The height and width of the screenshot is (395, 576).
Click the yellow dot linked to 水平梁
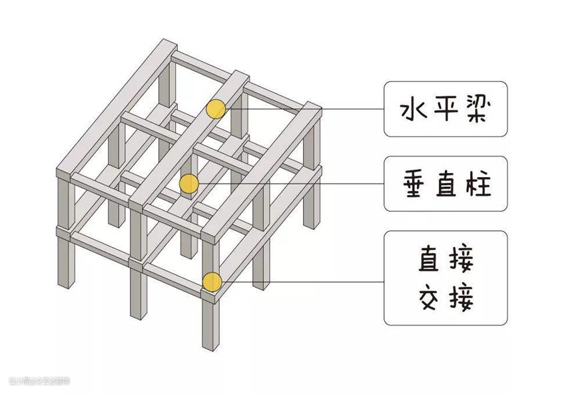pos(216,109)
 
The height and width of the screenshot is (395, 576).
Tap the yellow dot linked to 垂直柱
pos(189,183)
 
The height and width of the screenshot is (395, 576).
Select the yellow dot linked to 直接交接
pos(212,282)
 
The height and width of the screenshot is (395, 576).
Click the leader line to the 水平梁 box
pos(306,109)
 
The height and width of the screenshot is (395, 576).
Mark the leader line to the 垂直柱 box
pos(293,183)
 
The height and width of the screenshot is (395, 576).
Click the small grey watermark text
pos(40,381)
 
